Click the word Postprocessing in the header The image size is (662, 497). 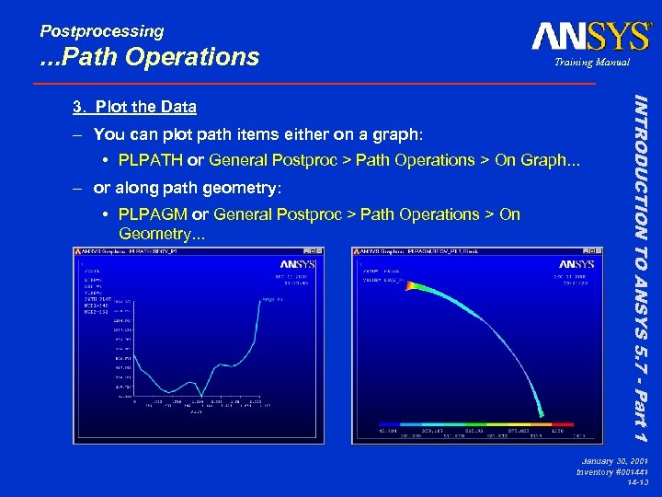click(102, 31)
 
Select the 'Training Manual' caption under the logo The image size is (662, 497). click(591, 63)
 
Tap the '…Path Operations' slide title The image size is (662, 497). click(150, 57)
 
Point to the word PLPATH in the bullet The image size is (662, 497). click(151, 160)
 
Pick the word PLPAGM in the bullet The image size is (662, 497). click(153, 214)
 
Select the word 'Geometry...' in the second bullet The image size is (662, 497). click(162, 234)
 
